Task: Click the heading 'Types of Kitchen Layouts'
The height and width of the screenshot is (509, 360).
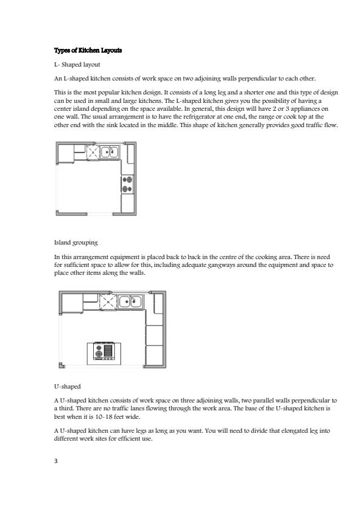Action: point(88,50)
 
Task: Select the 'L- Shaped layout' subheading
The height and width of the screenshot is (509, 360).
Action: point(77,64)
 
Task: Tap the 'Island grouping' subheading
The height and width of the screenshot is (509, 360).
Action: point(76,243)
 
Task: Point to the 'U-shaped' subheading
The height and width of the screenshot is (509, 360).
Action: point(67,386)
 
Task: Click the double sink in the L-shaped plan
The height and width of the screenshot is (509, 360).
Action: point(110,152)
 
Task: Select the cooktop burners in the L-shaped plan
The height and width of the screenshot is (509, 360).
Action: point(127,185)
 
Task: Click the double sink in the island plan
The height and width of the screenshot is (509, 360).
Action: point(131,301)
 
